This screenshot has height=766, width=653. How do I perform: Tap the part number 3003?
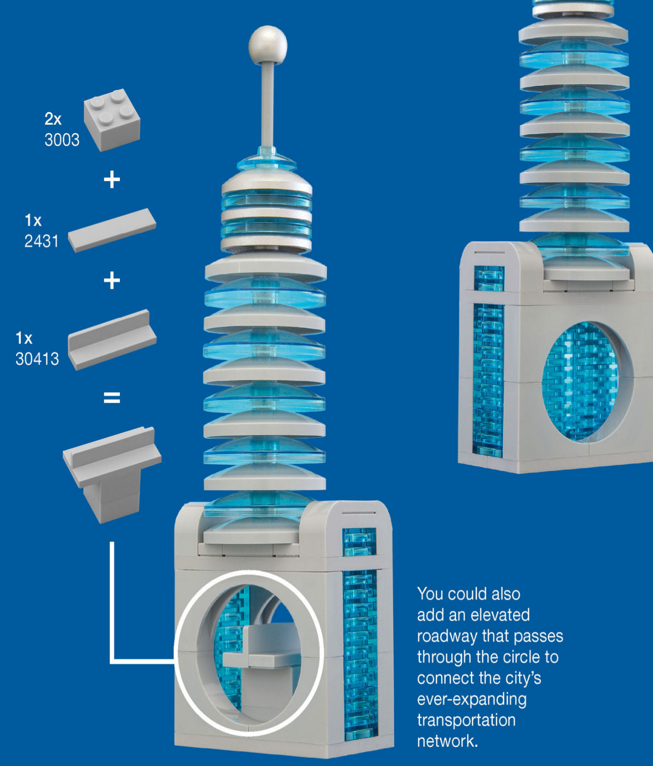62,140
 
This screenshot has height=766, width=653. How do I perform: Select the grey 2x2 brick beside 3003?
112,120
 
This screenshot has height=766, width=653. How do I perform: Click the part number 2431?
42,241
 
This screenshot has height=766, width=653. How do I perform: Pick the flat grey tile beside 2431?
112,230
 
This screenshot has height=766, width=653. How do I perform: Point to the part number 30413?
37,359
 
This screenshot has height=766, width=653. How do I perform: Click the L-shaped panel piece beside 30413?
112,340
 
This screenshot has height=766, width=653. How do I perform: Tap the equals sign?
112,398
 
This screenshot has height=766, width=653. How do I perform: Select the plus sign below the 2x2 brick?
112,180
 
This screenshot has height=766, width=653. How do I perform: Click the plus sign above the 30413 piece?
112,280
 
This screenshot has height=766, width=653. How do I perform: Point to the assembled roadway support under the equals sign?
112,475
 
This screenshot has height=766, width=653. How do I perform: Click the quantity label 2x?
53,119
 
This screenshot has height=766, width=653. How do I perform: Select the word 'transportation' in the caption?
466,720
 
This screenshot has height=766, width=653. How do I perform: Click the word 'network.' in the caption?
448,741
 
